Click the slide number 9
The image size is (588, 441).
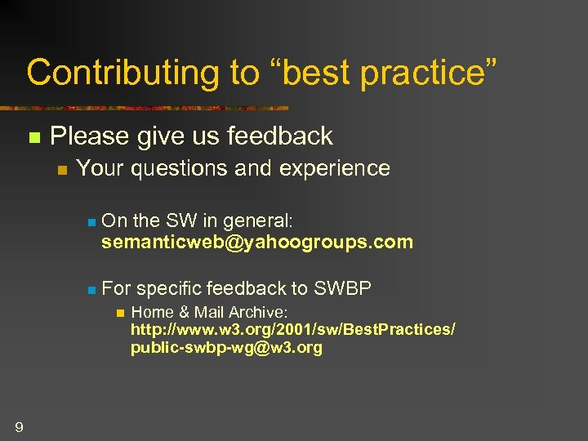(19, 426)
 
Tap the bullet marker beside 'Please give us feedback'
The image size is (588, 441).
(33, 137)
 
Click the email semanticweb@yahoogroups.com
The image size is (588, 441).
(257, 243)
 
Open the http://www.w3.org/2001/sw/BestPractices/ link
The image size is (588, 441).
(293, 330)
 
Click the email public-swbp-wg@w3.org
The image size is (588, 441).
(226, 348)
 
